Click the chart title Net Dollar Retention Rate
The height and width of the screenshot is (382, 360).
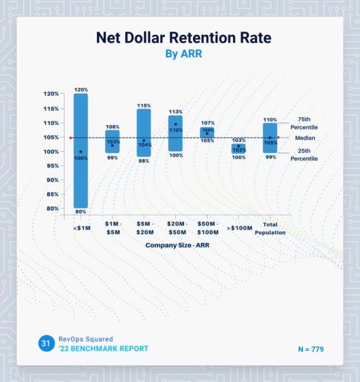(x=184, y=38)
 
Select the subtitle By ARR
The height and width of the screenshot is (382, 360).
(x=184, y=54)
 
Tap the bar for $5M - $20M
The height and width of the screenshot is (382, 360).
(x=144, y=133)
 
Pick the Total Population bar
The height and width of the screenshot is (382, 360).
(x=270, y=141)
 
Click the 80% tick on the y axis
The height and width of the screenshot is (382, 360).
(x=52, y=208)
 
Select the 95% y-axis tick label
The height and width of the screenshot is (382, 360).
(x=52, y=166)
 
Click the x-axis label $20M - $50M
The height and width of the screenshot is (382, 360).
(x=175, y=228)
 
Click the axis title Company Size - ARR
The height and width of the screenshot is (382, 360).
(x=177, y=246)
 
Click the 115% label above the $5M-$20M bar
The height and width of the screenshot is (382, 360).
(x=144, y=105)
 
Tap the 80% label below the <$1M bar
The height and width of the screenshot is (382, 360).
(x=81, y=212)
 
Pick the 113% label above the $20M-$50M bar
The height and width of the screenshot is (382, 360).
(x=175, y=112)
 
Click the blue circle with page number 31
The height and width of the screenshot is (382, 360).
(x=45, y=344)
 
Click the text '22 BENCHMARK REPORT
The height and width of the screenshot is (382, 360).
(x=103, y=349)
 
